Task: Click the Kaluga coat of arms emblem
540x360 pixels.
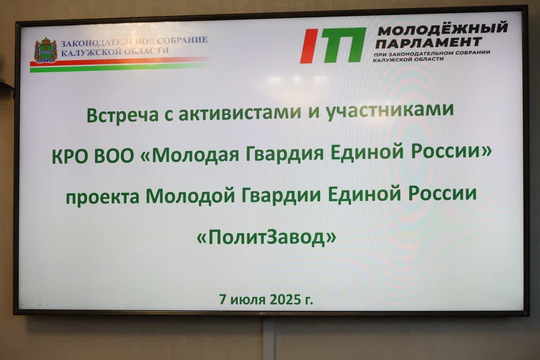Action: coord(46,50)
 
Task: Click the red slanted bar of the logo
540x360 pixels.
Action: coord(309,46)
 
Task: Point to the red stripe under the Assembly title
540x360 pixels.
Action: coord(119,61)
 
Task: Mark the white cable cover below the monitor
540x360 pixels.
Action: coord(269,339)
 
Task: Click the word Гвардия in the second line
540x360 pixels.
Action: coord(283,155)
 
